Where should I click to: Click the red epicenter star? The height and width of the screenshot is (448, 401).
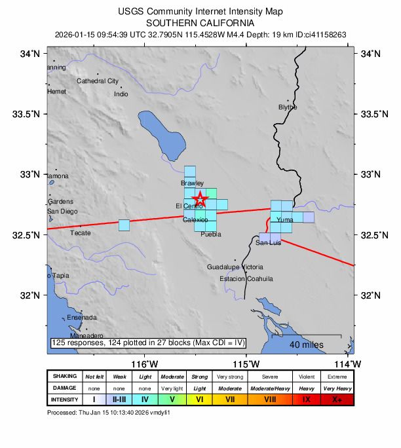(x=200, y=198)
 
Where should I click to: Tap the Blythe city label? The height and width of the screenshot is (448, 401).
(x=288, y=107)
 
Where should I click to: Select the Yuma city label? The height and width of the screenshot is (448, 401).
(x=285, y=220)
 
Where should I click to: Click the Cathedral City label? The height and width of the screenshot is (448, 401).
(x=98, y=81)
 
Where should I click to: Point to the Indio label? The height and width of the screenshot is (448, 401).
(x=121, y=94)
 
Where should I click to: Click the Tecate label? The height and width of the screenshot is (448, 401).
(x=81, y=233)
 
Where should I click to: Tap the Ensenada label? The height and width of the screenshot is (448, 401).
(x=82, y=318)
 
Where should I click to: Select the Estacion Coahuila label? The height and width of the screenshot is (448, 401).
(x=246, y=278)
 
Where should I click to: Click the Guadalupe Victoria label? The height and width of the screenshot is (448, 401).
(x=235, y=267)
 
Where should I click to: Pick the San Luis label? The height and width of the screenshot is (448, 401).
(x=268, y=243)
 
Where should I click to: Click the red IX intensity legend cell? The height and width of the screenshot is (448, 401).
(x=307, y=399)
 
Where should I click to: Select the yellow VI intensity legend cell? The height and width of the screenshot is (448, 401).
(x=200, y=399)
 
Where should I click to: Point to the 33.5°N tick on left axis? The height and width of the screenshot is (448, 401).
(x=26, y=114)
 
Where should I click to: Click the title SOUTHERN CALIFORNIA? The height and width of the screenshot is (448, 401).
(x=200, y=22)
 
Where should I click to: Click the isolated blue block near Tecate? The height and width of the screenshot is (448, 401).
(x=124, y=225)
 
